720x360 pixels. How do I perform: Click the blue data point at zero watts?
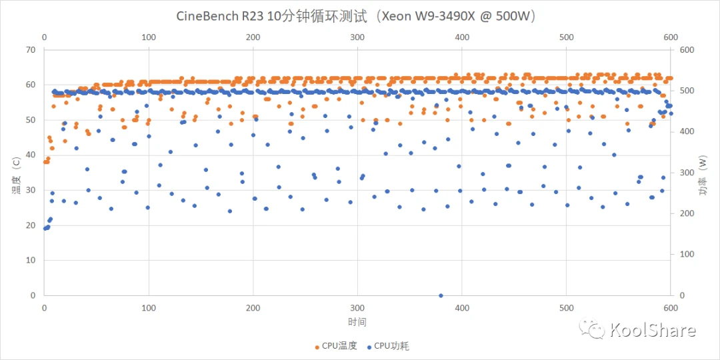[441, 295]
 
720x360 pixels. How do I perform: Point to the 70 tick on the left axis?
[29, 50]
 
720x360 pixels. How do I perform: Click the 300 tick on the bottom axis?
[357, 308]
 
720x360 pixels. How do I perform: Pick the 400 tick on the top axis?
[462, 38]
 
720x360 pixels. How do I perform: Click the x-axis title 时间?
[357, 322]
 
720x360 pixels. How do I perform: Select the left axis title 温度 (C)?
[15, 172]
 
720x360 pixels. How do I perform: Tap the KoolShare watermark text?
[653, 330]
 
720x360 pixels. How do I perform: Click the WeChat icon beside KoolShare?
[591, 328]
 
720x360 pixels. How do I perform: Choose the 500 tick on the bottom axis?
[566, 308]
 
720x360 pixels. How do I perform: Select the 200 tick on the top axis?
[253, 38]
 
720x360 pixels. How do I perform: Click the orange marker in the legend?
[317, 346]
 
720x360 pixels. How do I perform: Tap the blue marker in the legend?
[369, 346]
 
